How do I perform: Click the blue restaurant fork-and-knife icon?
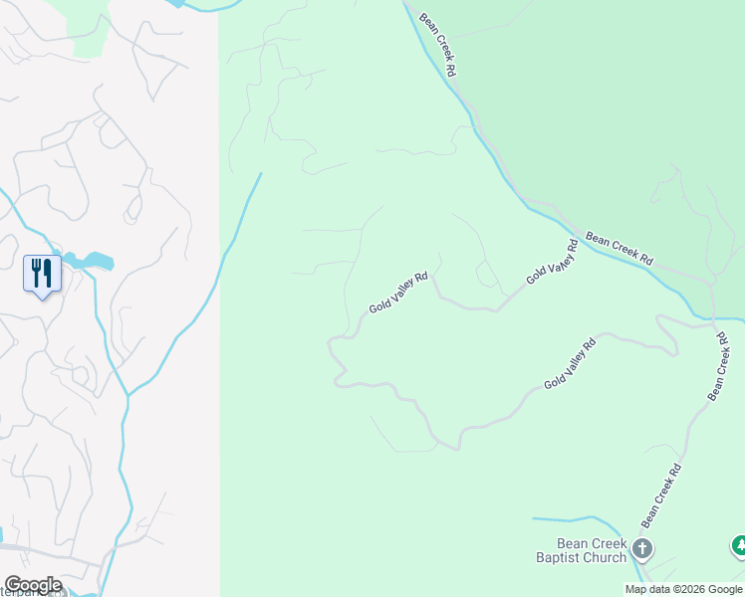click(42, 273)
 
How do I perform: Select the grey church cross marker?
click(642, 548)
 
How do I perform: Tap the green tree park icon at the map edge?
click(738, 545)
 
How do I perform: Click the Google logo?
click(32, 585)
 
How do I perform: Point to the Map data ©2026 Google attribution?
click(683, 589)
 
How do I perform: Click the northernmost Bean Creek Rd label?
click(438, 45)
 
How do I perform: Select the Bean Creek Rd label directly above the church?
click(661, 496)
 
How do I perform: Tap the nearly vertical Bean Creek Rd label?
click(720, 366)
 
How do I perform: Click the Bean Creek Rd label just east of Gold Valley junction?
click(620, 248)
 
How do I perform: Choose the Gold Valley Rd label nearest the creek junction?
click(552, 262)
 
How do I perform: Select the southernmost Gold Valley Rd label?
click(570, 363)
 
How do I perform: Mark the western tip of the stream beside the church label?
click(534, 518)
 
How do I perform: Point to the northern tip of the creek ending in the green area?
click(261, 174)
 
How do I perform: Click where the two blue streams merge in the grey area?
click(127, 395)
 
